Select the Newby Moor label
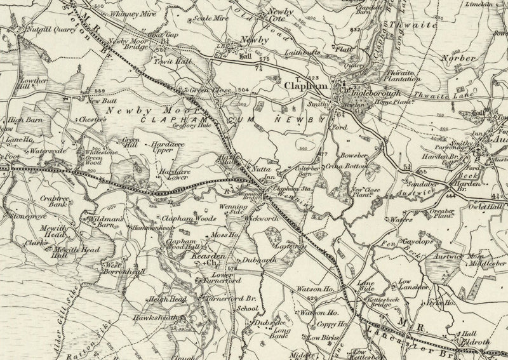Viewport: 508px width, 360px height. tap(135, 110)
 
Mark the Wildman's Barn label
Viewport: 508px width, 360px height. tap(102, 222)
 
